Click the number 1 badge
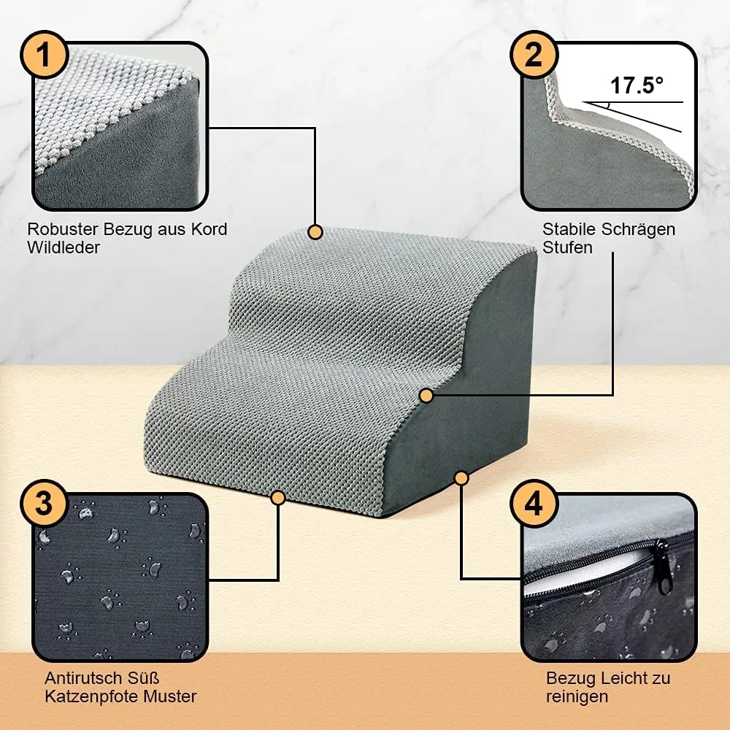(x=45, y=55)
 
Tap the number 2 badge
(x=534, y=55)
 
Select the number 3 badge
(x=45, y=503)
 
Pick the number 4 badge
(x=534, y=503)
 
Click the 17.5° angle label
(x=637, y=85)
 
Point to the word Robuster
(x=62, y=229)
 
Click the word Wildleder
(x=64, y=247)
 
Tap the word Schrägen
(x=638, y=230)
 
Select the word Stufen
(x=567, y=247)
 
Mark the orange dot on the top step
(x=315, y=232)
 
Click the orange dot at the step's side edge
(x=426, y=396)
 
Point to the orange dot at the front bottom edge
(x=278, y=498)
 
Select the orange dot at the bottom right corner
(x=461, y=478)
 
